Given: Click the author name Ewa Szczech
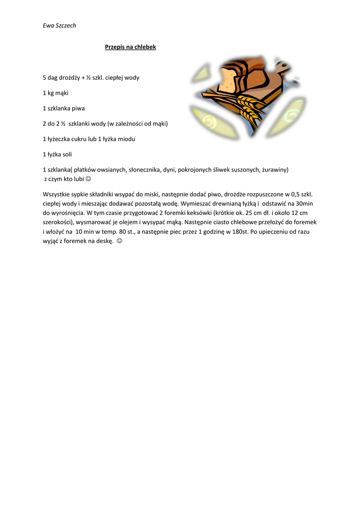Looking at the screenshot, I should tap(59, 25).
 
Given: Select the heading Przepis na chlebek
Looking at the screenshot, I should tap(131, 47).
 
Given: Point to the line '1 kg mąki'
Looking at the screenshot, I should tap(56, 93).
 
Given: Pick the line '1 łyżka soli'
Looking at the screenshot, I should tap(58, 154).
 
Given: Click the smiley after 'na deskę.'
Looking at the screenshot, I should tap(119, 241).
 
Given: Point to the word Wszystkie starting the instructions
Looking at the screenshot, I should tap(58, 194).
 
